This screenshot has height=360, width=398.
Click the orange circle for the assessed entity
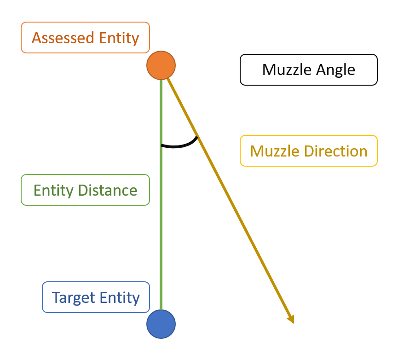[x=161, y=65]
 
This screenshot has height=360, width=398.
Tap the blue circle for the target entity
[x=161, y=324]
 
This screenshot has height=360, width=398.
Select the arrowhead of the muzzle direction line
[x=291, y=319]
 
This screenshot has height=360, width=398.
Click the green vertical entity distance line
[x=161, y=195]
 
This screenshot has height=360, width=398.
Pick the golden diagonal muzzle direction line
[x=230, y=201]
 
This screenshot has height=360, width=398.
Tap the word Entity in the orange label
[x=119, y=38]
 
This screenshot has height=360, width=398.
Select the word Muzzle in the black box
[x=287, y=70]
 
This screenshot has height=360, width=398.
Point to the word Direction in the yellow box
[x=336, y=151]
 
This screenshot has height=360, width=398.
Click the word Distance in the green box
[x=108, y=191]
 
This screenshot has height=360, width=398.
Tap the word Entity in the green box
[x=53, y=191]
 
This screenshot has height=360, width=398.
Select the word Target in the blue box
[x=73, y=298]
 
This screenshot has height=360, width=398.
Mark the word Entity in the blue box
[x=120, y=298]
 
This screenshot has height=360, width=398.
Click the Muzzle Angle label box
[x=309, y=70]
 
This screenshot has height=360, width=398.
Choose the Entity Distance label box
[x=85, y=190]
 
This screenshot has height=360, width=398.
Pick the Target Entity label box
[x=96, y=297]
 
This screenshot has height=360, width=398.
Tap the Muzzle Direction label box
[x=309, y=151]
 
